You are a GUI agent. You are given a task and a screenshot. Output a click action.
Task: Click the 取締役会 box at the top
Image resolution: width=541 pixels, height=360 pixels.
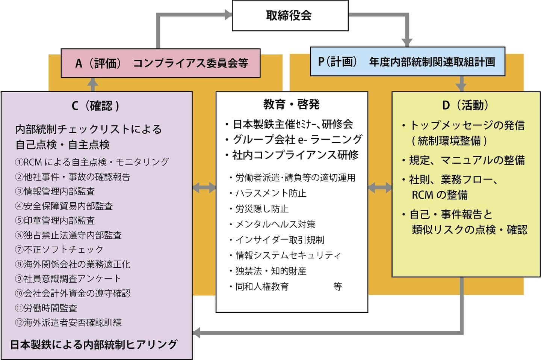tap(290, 16)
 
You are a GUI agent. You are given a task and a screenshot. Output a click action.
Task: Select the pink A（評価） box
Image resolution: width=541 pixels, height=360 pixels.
tap(160, 63)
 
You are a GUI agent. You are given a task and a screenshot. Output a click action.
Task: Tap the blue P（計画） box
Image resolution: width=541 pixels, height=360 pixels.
tap(407, 62)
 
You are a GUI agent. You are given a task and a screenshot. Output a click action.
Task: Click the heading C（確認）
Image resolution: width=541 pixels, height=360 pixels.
tap(95, 106)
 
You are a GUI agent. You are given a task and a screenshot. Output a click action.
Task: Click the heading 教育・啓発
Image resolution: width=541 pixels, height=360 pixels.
tap(291, 104)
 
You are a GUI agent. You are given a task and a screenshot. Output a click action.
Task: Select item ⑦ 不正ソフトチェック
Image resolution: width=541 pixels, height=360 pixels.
tap(59, 249)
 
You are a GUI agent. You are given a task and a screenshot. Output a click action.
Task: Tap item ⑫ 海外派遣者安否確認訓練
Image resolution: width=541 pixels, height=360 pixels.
tap(68, 322)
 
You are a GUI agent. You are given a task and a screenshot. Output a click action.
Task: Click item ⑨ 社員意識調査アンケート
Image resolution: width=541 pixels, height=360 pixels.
tap(68, 279)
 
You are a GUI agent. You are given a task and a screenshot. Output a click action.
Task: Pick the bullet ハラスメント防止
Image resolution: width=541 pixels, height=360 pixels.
tap(270, 193)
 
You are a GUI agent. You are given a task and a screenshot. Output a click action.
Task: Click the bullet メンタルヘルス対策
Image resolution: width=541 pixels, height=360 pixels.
tap(275, 224)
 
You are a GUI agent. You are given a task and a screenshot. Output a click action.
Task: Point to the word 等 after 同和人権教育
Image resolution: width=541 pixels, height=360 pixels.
tap(337, 287)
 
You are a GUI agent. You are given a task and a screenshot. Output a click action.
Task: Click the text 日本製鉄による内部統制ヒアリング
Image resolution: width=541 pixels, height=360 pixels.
tap(94, 344)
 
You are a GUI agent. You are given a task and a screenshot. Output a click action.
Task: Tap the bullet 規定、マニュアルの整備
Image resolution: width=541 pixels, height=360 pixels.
tap(466, 160)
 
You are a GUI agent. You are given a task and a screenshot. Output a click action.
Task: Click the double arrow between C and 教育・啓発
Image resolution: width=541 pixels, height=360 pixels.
tap(204, 188)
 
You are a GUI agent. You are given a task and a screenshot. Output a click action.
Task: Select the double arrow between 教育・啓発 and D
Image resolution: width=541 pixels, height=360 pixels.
tap(380, 188)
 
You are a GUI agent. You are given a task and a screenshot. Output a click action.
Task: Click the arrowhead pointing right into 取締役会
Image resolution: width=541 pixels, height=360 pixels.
tap(228, 15)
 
